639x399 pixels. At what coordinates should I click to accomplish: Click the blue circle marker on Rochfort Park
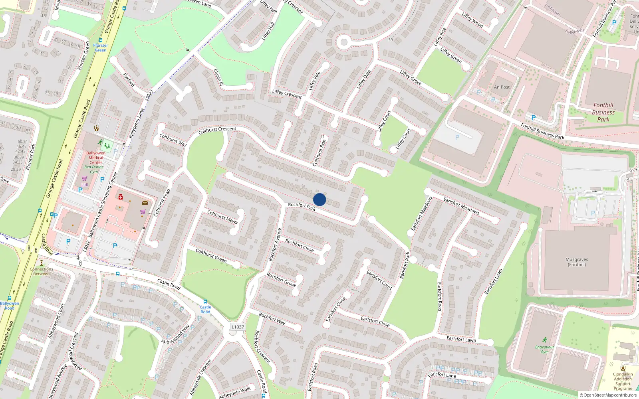pyautogui.click(x=319, y=199)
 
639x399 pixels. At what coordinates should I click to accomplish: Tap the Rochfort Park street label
pyautogui.click(x=302, y=206)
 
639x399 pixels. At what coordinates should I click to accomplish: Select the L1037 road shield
pyautogui.click(x=238, y=327)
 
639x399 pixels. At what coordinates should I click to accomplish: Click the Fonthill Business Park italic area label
pyautogui.click(x=603, y=112)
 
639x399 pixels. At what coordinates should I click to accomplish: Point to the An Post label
pyautogui.click(x=502, y=87)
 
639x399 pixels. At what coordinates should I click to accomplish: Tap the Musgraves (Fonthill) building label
pyautogui.click(x=577, y=262)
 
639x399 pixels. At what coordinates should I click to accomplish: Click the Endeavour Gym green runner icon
pyautogui.click(x=545, y=340)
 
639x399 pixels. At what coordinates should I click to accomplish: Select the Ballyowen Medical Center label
pyautogui.click(x=96, y=158)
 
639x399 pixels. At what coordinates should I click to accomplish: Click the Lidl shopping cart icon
pyautogui.click(x=85, y=178)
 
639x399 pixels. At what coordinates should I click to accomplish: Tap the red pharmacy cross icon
pyautogui.click(x=121, y=197)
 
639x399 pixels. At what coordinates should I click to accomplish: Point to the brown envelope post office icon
pyautogui.click(x=145, y=203)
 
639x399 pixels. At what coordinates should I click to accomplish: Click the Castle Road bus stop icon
pyautogui.click(x=205, y=302)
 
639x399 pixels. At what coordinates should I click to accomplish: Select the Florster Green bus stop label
pyautogui.click(x=101, y=47)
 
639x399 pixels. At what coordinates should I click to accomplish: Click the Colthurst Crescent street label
pyautogui.click(x=217, y=130)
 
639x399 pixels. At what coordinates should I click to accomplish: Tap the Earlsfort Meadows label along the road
pyautogui.click(x=461, y=205)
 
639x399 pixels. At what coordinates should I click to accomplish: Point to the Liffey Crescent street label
pyautogui.click(x=287, y=94)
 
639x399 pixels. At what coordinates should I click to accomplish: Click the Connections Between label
pyautogui.click(x=42, y=271)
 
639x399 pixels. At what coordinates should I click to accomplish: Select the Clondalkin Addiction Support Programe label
pyautogui.click(x=623, y=381)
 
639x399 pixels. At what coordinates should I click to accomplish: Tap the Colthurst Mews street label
pyautogui.click(x=222, y=217)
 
